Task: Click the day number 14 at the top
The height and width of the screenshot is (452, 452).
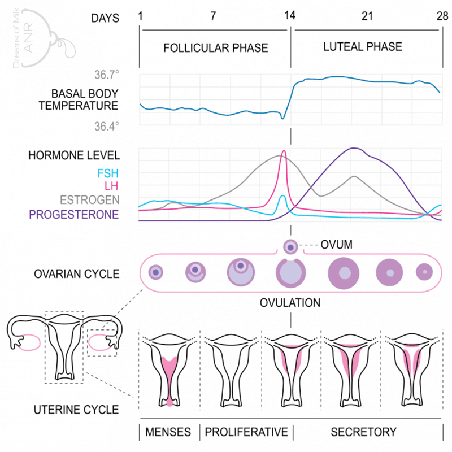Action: (290, 16)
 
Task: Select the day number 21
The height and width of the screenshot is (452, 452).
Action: (367, 16)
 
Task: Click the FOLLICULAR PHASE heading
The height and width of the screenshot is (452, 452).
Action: (216, 48)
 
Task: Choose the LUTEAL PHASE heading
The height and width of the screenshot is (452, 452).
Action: (363, 47)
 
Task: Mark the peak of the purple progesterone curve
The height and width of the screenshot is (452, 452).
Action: (354, 149)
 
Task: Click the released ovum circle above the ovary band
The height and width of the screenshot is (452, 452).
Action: (290, 246)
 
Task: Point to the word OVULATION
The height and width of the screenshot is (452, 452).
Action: (290, 303)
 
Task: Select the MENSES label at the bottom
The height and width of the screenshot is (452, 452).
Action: (168, 432)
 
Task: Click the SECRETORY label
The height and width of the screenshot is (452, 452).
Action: (364, 432)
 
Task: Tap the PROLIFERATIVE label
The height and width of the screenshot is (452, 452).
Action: (246, 432)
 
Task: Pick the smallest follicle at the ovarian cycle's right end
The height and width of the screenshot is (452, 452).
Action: (424, 272)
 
